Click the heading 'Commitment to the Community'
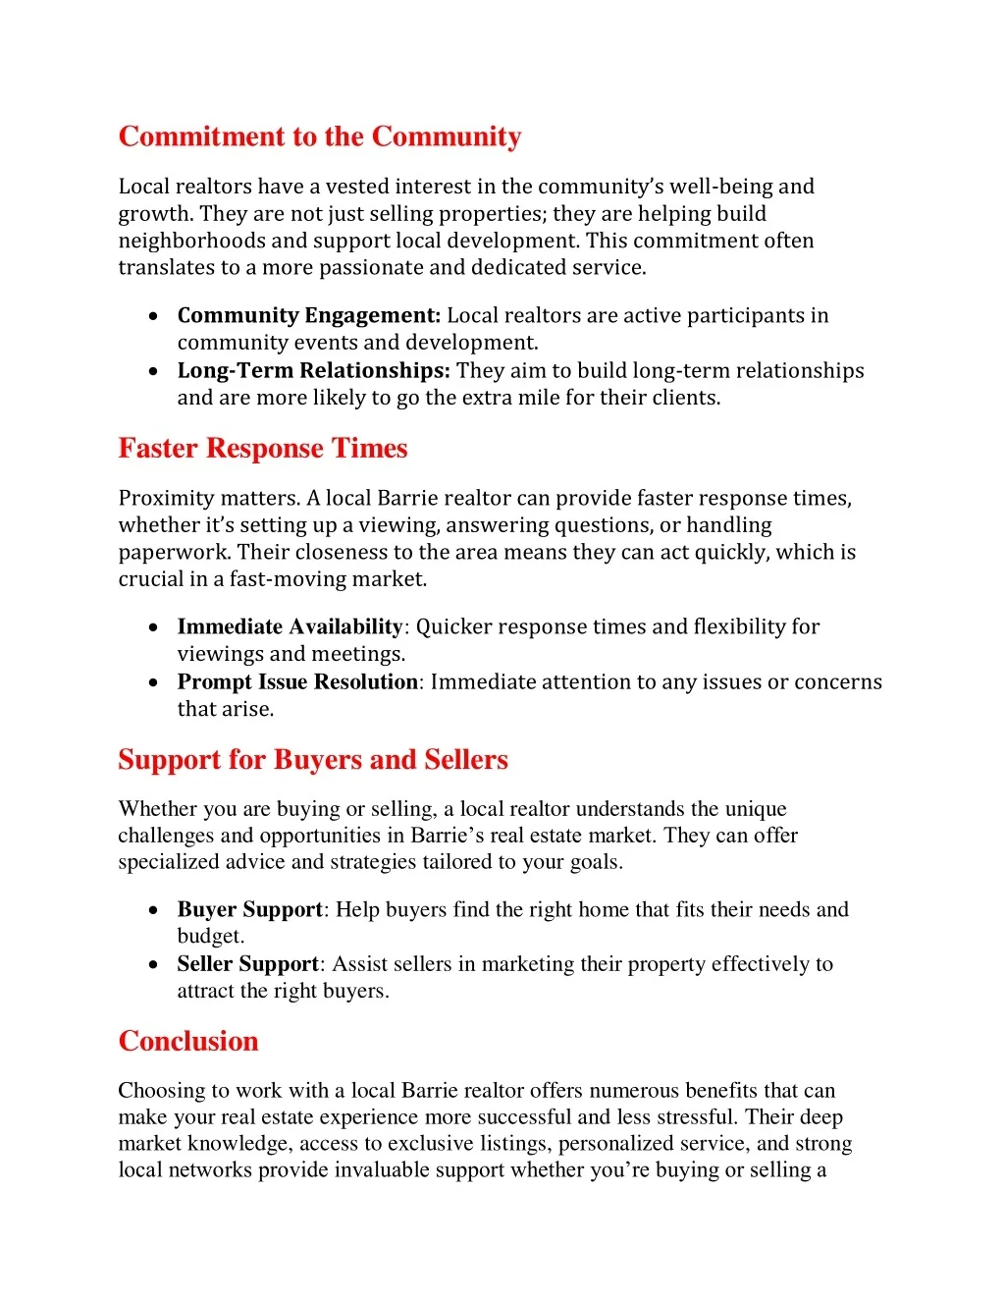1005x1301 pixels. tap(320, 136)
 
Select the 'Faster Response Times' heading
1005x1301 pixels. tap(263, 449)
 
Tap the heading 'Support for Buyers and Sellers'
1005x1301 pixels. tap(313, 760)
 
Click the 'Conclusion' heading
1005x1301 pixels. tap(188, 1042)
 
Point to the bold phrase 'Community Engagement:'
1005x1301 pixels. tap(309, 316)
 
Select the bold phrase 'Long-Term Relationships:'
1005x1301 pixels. tap(314, 371)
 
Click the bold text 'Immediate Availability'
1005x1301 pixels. tap(291, 627)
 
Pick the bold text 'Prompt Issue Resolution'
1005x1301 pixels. tap(298, 682)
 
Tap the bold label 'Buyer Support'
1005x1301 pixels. tap(250, 910)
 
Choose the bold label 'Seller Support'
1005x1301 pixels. tap(248, 964)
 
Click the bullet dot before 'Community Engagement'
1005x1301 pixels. tap(154, 317)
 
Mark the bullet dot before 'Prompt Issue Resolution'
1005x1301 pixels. tap(154, 683)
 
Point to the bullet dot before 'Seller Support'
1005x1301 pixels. tap(154, 965)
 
